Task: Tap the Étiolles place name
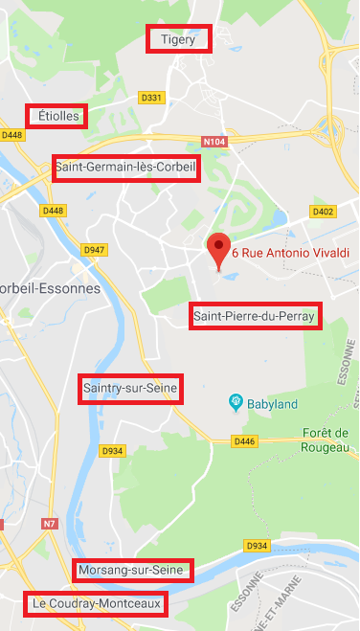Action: coord(56,116)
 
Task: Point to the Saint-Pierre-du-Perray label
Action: coord(255,316)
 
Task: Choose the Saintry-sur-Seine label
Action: coord(129,389)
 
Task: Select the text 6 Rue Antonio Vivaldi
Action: coord(291,253)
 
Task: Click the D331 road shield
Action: coord(152,97)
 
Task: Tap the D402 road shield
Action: coord(323,211)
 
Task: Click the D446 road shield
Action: coord(244,440)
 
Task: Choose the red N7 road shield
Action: coord(51,524)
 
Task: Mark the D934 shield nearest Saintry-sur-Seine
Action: coord(113,450)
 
